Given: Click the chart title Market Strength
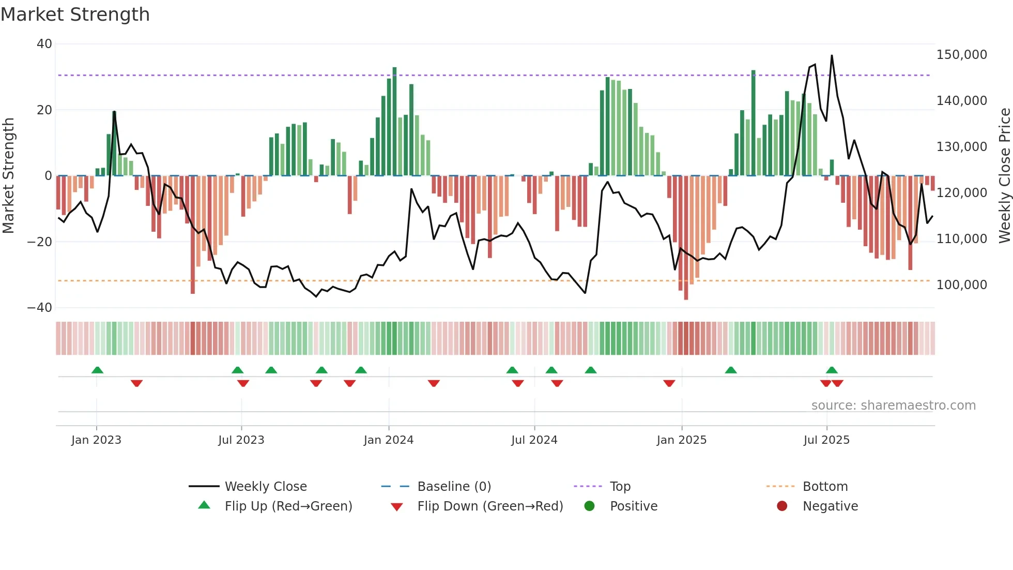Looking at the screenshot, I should point(75,14).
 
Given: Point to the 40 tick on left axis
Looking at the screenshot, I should point(44,44).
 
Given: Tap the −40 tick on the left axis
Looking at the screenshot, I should point(40,308).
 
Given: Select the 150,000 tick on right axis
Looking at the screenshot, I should point(961,55).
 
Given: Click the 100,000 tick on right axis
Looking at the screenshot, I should point(961,285).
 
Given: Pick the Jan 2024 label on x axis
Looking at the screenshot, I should point(389,440).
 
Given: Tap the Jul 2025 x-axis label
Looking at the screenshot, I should point(826,440).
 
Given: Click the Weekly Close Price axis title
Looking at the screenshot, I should point(1004,176).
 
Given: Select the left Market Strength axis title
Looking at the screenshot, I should point(9,176).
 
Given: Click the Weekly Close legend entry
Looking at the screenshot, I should point(265,487).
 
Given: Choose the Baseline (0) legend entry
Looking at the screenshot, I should point(454,487).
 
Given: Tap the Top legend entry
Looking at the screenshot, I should point(620,487).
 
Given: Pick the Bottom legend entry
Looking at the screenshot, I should point(825,487).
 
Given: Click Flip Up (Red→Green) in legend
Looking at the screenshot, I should point(288,506).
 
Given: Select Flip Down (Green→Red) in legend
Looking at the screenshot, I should point(490,506).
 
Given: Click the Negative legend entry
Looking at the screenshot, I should point(830,506).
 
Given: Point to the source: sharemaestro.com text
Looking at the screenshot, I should point(893,406).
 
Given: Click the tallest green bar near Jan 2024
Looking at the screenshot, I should point(394,121).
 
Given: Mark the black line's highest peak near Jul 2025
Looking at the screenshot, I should point(832,56).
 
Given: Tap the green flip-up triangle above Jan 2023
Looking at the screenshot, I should point(97,370).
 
